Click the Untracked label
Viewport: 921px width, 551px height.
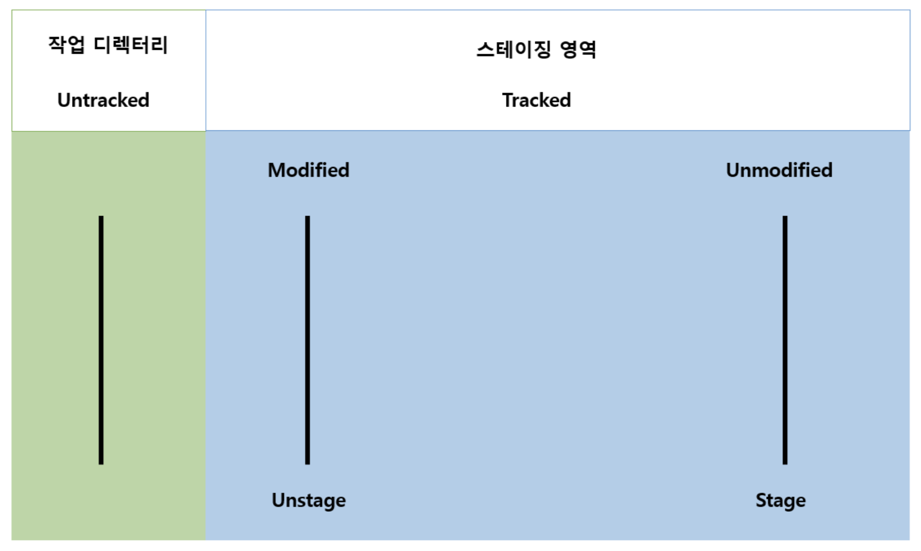(x=103, y=100)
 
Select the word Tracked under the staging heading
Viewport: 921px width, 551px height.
(x=537, y=100)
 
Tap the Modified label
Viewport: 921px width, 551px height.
(x=308, y=170)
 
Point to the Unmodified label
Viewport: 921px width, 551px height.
(x=779, y=170)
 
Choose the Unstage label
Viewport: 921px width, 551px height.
(x=308, y=500)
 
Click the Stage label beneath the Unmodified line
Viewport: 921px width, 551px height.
(x=780, y=500)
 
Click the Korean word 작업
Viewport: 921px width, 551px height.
(x=67, y=44)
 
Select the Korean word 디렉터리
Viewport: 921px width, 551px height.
(x=130, y=44)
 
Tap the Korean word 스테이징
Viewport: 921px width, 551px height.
(x=514, y=49)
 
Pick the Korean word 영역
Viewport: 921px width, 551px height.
(x=578, y=49)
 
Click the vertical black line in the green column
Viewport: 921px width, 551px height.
(x=101, y=340)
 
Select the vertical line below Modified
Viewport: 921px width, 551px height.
(x=307, y=340)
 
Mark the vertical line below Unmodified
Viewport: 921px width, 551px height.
(x=785, y=340)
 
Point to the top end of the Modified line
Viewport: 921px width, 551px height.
(x=307, y=218)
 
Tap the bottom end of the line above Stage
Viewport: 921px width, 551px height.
(x=785, y=462)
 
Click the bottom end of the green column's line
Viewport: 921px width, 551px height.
(x=101, y=462)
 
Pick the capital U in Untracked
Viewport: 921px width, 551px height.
(x=64, y=100)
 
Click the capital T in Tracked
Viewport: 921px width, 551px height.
(x=507, y=100)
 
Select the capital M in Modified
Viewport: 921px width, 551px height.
(x=277, y=170)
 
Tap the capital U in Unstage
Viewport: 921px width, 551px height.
(x=278, y=500)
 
